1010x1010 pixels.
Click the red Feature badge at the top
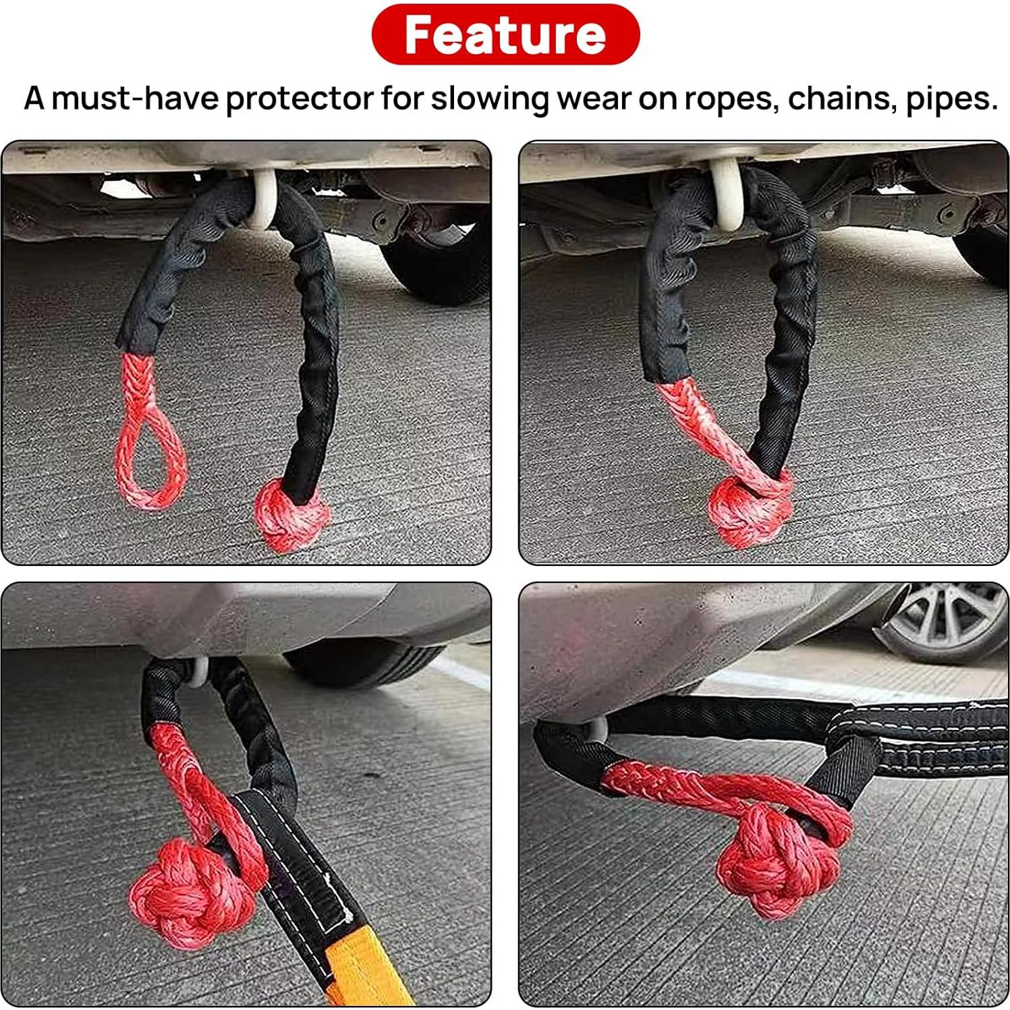pos(505,34)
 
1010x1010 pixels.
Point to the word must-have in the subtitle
pos(136,98)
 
